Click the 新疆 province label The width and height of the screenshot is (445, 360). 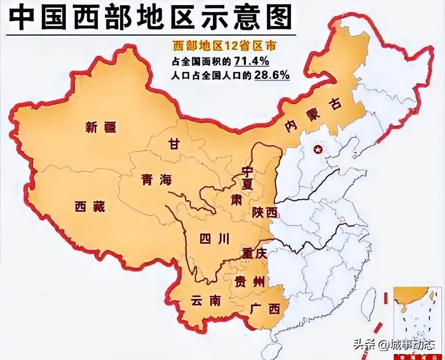(x=101, y=128)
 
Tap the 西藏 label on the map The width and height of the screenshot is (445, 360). (x=90, y=207)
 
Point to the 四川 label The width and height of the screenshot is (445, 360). (x=215, y=239)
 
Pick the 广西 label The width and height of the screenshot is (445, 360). (x=265, y=308)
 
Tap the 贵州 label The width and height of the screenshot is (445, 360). (x=249, y=281)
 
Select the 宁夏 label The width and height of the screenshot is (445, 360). (x=247, y=178)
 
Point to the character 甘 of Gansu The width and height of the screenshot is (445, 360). (x=173, y=143)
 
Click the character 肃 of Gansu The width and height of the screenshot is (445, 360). (x=236, y=200)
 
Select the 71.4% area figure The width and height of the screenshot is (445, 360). (x=251, y=61)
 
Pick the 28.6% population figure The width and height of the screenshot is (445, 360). (x=272, y=75)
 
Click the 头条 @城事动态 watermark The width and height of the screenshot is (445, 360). (x=394, y=345)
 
